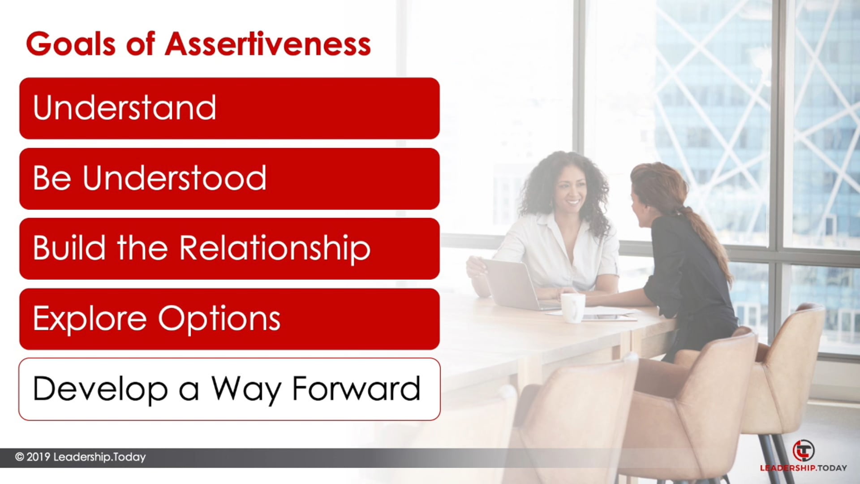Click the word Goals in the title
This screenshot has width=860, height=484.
(71, 44)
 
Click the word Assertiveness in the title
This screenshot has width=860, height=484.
(268, 44)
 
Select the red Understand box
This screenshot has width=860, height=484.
(229, 108)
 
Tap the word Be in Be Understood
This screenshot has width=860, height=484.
(52, 178)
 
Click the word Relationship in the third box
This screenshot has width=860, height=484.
(275, 248)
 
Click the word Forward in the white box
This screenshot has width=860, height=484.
(356, 389)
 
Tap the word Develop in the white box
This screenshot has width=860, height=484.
(100, 389)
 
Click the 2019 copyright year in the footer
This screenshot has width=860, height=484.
(39, 457)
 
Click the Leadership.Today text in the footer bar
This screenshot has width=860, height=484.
(99, 457)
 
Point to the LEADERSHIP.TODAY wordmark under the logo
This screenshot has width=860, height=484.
(803, 468)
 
